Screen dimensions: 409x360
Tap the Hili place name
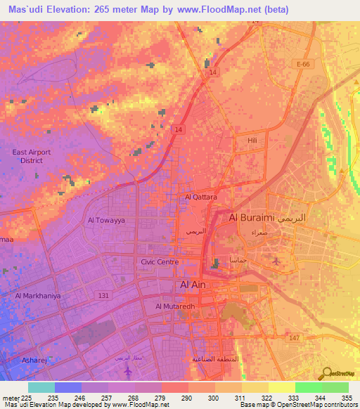[x=254, y=141]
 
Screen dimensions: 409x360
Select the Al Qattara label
[x=200, y=197]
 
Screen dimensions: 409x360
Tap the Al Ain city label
[x=194, y=285]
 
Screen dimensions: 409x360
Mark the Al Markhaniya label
[x=38, y=296]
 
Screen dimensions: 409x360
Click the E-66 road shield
[x=303, y=65]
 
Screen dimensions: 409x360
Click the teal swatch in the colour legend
[x=41, y=387]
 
